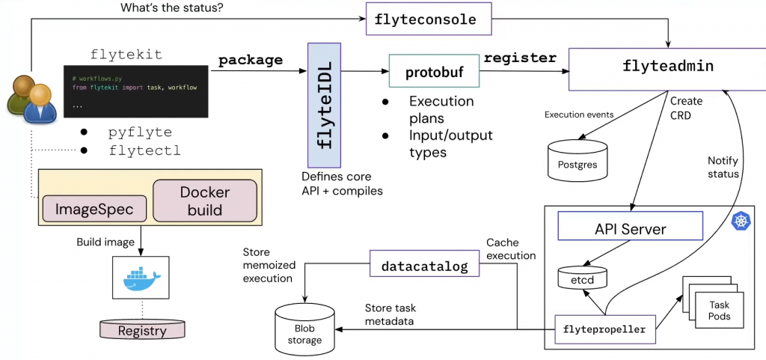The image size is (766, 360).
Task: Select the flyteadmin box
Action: coord(667,69)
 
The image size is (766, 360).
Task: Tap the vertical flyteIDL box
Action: coord(324,105)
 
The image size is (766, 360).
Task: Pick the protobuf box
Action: coord(434,73)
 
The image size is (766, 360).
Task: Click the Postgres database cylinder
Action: coord(577,160)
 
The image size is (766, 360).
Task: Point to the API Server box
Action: coord(630,228)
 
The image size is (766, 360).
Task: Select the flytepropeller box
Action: coord(604,329)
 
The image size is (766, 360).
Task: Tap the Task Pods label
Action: coord(719,310)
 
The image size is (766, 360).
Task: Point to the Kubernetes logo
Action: coord(741,222)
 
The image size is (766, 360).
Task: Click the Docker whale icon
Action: coord(143,278)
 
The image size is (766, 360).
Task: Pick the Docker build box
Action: coord(205,201)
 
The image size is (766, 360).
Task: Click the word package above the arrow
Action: coord(251,61)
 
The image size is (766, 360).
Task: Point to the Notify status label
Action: coord(723,167)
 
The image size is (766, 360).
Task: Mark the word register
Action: coord(521,58)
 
